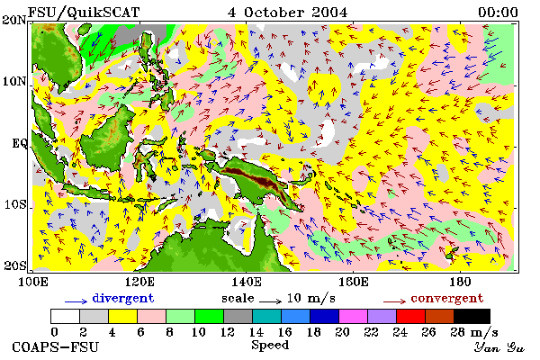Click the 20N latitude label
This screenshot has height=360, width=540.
[13, 20]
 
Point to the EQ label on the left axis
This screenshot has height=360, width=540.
[19, 143]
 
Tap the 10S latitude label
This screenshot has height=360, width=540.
[14, 204]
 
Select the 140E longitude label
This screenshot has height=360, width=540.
[246, 282]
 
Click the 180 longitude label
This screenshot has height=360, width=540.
[460, 282]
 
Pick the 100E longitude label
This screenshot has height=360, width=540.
[32, 282]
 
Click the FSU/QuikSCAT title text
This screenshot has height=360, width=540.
[84, 13]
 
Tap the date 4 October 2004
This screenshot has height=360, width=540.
[288, 13]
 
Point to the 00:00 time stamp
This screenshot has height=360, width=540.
[498, 13]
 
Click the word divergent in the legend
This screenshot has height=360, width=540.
[123, 298]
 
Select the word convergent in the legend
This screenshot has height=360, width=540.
[447, 298]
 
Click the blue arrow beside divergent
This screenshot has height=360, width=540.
[76, 301]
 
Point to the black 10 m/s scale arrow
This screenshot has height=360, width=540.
[270, 301]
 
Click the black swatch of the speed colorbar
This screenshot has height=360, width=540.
[472, 316]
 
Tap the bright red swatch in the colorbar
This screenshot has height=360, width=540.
[410, 316]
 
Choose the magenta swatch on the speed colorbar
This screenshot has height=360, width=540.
[353, 316]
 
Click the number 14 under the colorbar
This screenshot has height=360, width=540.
[256, 332]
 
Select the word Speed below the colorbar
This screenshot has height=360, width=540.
[270, 346]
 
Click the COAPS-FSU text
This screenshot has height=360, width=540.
[55, 347]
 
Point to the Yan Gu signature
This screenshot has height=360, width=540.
[499, 347]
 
